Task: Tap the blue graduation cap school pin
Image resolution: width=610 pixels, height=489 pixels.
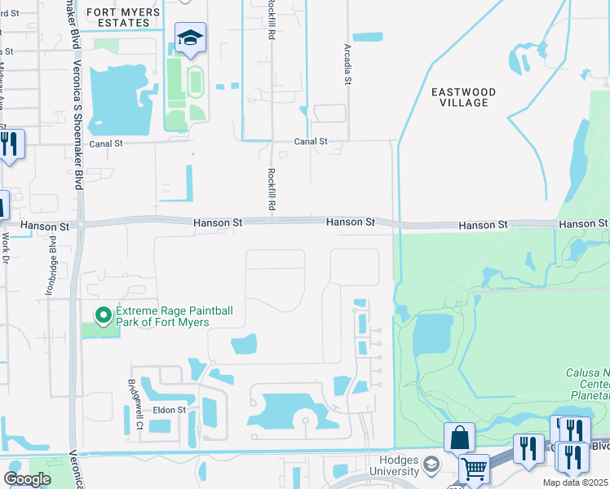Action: tap(190, 38)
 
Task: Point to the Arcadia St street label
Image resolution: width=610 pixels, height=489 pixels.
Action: tap(347, 63)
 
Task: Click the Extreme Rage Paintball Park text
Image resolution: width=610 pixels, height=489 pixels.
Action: tap(162, 316)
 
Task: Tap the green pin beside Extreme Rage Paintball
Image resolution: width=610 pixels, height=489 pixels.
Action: tap(104, 315)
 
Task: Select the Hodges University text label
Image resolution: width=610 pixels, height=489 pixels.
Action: tap(396, 465)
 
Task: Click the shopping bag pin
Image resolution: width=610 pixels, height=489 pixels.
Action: tap(459, 437)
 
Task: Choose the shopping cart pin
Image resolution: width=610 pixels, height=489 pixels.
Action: tap(473, 469)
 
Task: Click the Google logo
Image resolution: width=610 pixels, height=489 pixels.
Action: tap(27, 479)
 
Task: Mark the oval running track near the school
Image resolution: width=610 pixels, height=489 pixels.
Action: tap(196, 79)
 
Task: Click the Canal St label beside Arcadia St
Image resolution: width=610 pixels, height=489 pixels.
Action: tap(311, 141)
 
